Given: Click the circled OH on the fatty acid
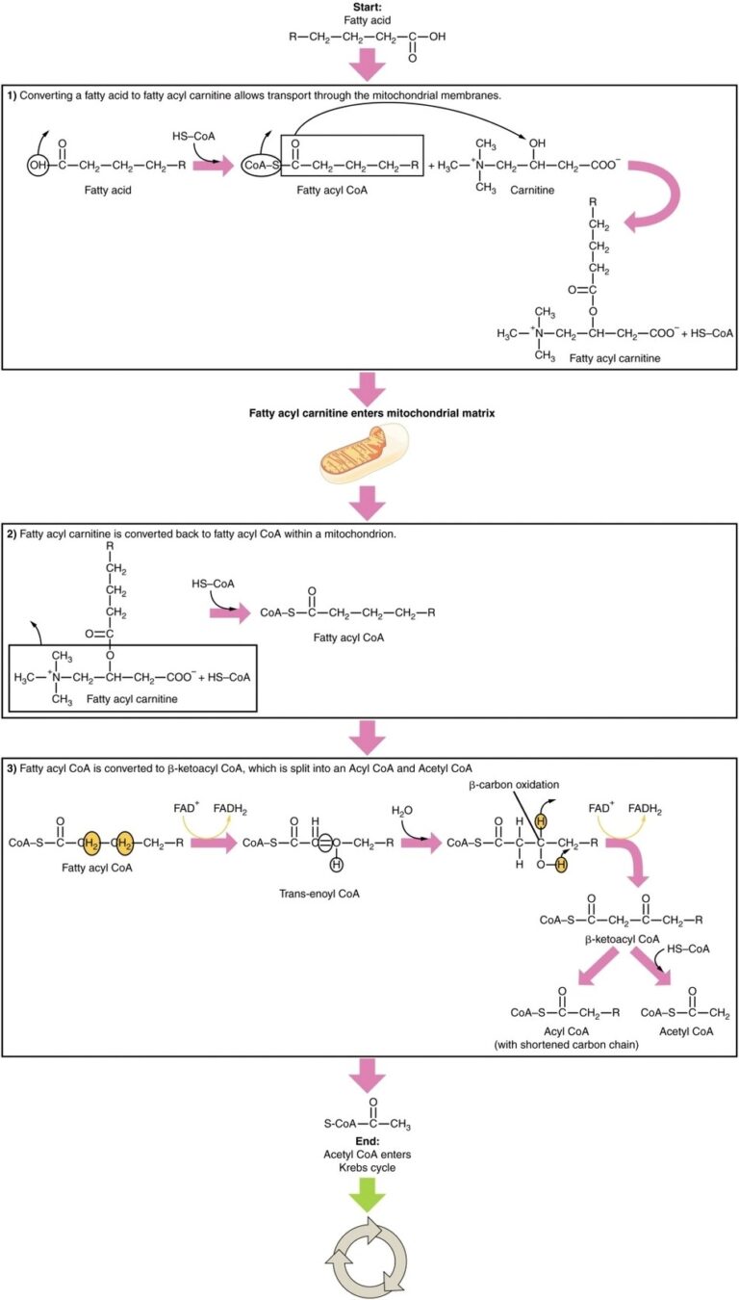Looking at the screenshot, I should click(x=38, y=165).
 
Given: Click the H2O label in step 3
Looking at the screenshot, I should click(x=402, y=810).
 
